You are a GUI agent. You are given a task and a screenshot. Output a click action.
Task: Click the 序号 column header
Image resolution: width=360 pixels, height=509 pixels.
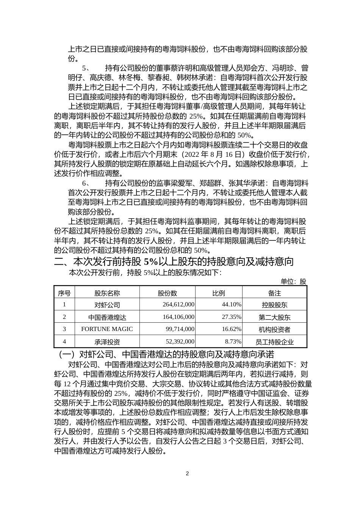coord(64,293)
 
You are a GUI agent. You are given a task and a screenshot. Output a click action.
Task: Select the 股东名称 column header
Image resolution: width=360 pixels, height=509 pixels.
coord(107,293)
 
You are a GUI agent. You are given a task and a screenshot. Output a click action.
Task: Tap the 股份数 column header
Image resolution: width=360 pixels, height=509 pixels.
coord(167,293)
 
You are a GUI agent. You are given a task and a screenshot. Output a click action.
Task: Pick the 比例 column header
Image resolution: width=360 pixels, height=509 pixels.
coord(219,293)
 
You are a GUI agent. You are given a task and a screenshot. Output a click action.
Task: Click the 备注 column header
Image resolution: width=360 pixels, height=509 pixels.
coord(274,293)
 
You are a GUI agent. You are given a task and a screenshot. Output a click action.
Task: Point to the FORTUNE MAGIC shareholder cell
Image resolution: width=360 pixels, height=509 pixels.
coord(107,329)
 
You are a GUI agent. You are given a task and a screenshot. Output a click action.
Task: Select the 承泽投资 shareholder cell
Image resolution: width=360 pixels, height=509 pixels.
coord(107,342)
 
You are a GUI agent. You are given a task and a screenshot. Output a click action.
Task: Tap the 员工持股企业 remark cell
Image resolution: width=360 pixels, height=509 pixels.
coord(274,342)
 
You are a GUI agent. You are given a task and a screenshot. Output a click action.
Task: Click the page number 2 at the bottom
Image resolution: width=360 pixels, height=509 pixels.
coord(187,473)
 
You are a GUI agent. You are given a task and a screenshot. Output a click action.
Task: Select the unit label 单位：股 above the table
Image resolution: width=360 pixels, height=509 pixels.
coord(293,281)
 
